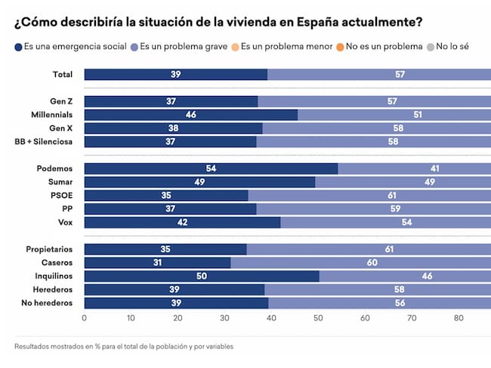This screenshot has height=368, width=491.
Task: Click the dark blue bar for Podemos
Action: pyautogui.click(x=210, y=168)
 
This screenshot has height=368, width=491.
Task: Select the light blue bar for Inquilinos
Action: pyautogui.click(x=404, y=276)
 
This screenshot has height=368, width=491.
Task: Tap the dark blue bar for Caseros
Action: pyautogui.click(x=157, y=262)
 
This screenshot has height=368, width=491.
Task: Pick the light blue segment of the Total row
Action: pyautogui.click(x=378, y=74)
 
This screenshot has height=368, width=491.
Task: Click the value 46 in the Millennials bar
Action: pyautogui.click(x=190, y=114)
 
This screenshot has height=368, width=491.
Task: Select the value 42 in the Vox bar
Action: pyautogui.click(x=181, y=222)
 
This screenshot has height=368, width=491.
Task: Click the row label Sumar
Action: pyautogui.click(x=59, y=181)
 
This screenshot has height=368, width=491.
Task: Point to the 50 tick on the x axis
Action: pyautogui.click(x=318, y=318)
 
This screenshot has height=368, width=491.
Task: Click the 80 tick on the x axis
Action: pyautogui.click(x=458, y=318)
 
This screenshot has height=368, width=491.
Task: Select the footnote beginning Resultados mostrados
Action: pyautogui.click(x=123, y=347)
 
